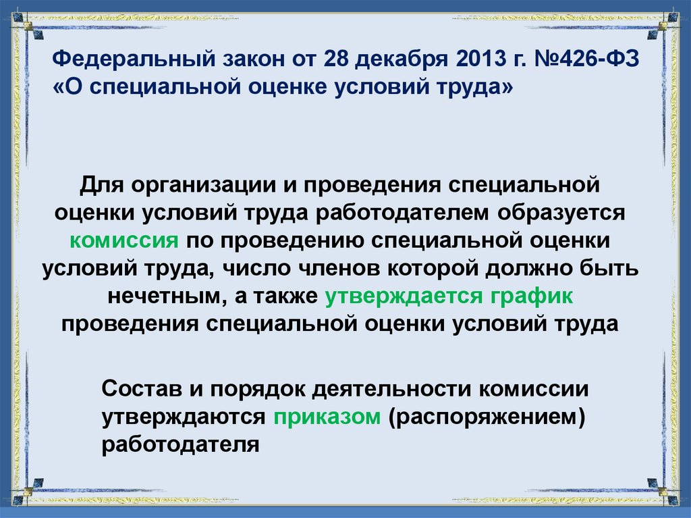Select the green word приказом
[x=328, y=417]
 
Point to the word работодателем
[x=407, y=213]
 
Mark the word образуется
[x=563, y=213]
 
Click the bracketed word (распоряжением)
[x=485, y=417]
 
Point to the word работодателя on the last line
[x=182, y=445]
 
